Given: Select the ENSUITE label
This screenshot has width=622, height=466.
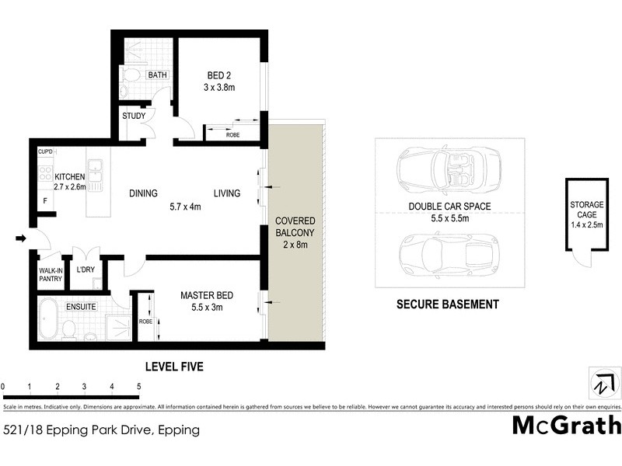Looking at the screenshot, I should (x=81, y=308).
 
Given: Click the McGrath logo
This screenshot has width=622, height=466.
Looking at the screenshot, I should (x=567, y=426).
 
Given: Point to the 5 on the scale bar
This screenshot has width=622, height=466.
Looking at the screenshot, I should (x=138, y=386).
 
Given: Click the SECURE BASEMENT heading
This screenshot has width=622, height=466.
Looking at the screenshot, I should (x=447, y=304).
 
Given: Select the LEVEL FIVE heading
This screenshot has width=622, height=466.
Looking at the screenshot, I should (x=175, y=367).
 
